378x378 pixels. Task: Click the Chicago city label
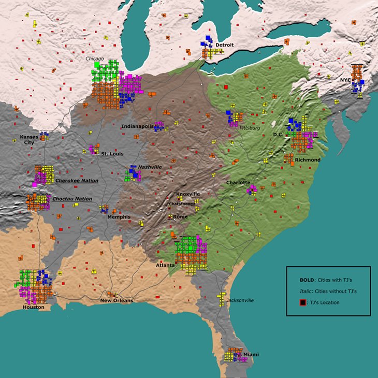95,59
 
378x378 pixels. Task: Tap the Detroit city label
225,45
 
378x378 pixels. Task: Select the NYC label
345,80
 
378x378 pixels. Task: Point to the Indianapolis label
137,126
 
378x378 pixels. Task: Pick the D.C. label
278,134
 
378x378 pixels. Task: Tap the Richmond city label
308,160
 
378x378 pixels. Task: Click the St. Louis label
111,154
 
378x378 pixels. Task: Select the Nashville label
150,167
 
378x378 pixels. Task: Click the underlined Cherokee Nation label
76,181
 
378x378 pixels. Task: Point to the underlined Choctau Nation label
72,199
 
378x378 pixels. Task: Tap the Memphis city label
119,217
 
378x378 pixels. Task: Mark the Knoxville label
188,194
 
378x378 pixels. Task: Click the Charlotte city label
238,183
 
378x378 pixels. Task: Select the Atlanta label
166,265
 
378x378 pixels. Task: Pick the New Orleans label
117,300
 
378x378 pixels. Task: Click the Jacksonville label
240,300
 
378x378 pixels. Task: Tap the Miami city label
251,354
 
